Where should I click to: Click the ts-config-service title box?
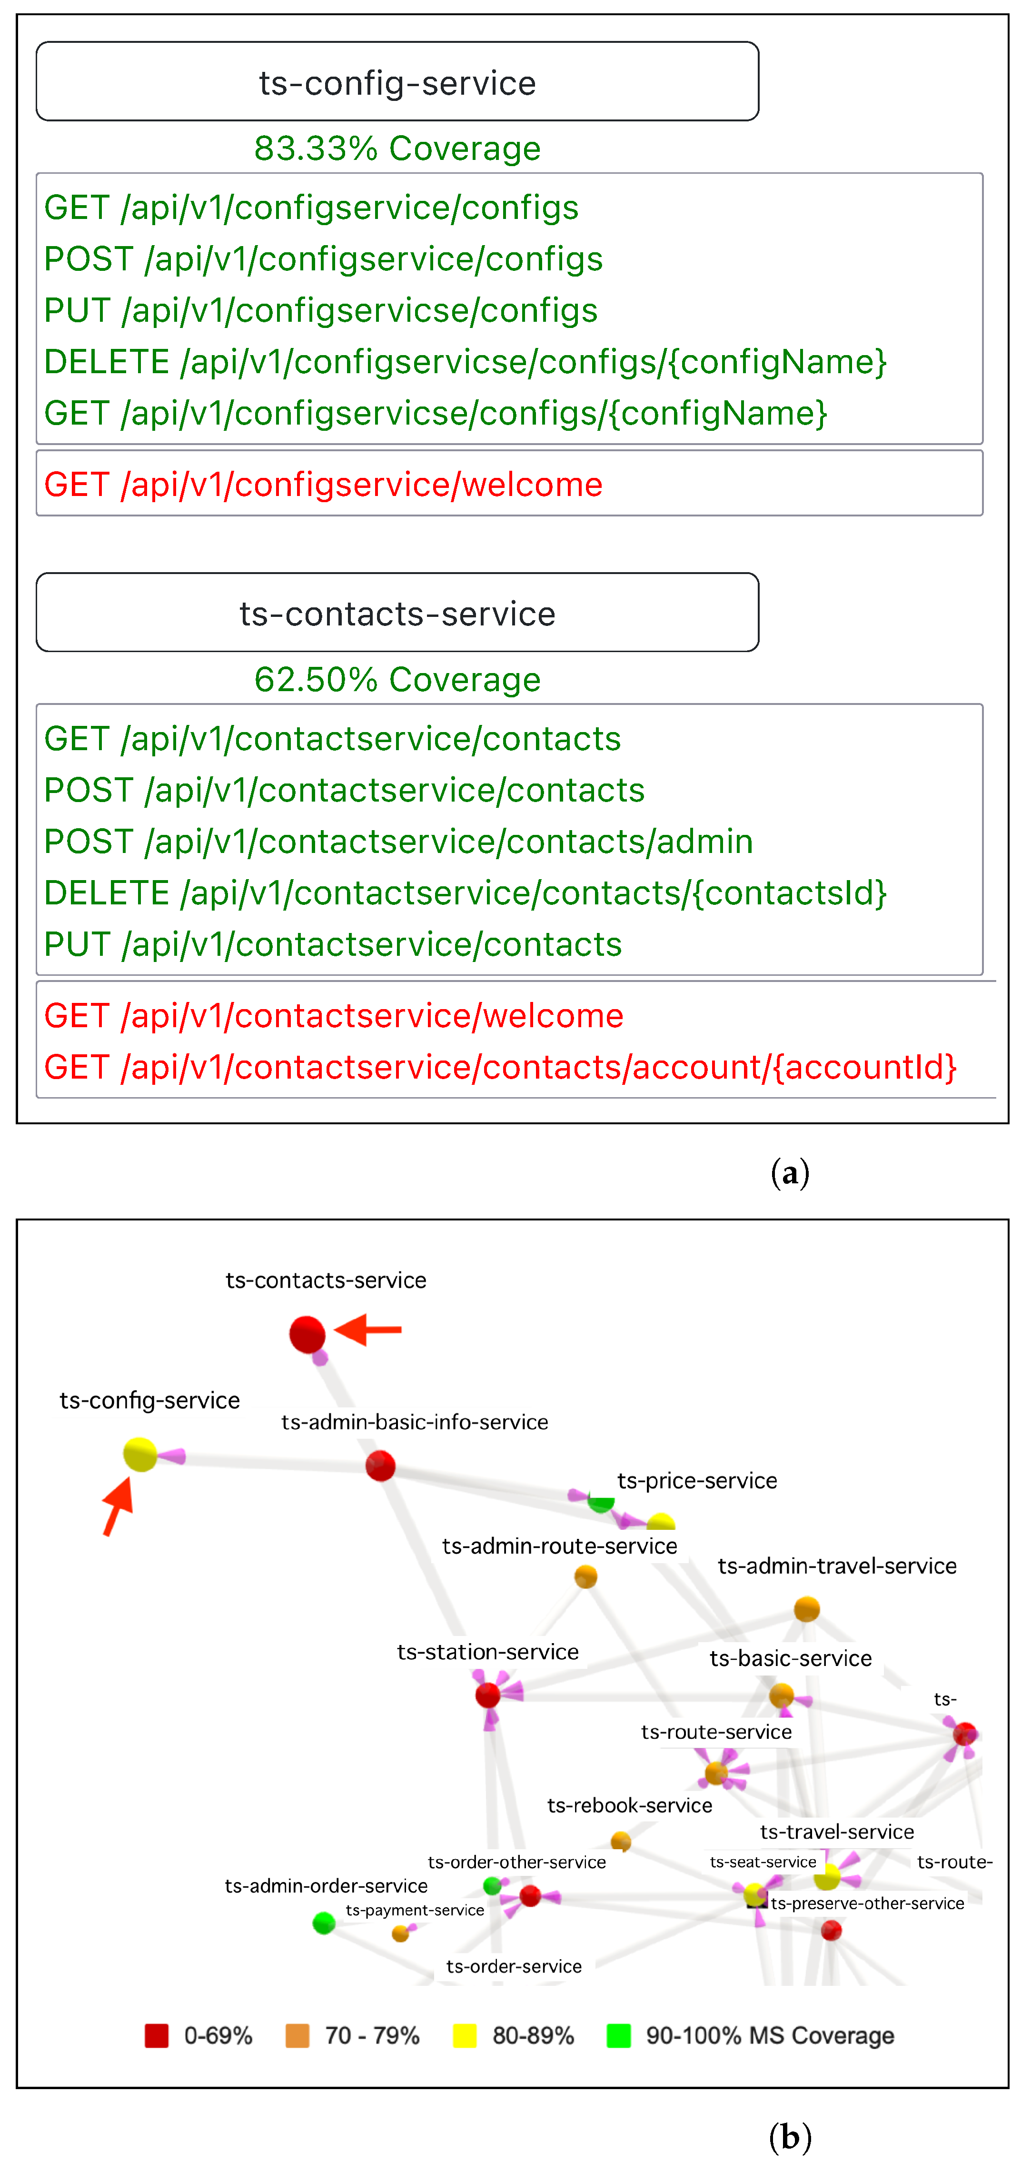pos(397,82)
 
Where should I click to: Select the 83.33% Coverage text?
pos(397,149)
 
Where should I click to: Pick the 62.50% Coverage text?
pos(397,679)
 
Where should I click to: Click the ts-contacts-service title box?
pos(397,613)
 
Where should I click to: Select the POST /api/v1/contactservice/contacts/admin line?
pos(398,841)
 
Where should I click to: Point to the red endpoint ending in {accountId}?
pos(500,1067)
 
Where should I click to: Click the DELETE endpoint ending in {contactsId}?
pos(466,892)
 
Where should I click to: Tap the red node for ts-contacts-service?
pos(307,1334)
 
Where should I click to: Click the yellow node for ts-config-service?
pos(140,1455)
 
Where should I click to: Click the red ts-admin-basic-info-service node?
pos(380,1466)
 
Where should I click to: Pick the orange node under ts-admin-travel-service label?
pos(807,1609)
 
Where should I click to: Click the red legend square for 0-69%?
pos(157,2035)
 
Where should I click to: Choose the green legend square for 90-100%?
pos(619,2035)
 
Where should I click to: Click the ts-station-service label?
pos(487,1652)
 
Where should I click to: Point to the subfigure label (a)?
pos(790,1172)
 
